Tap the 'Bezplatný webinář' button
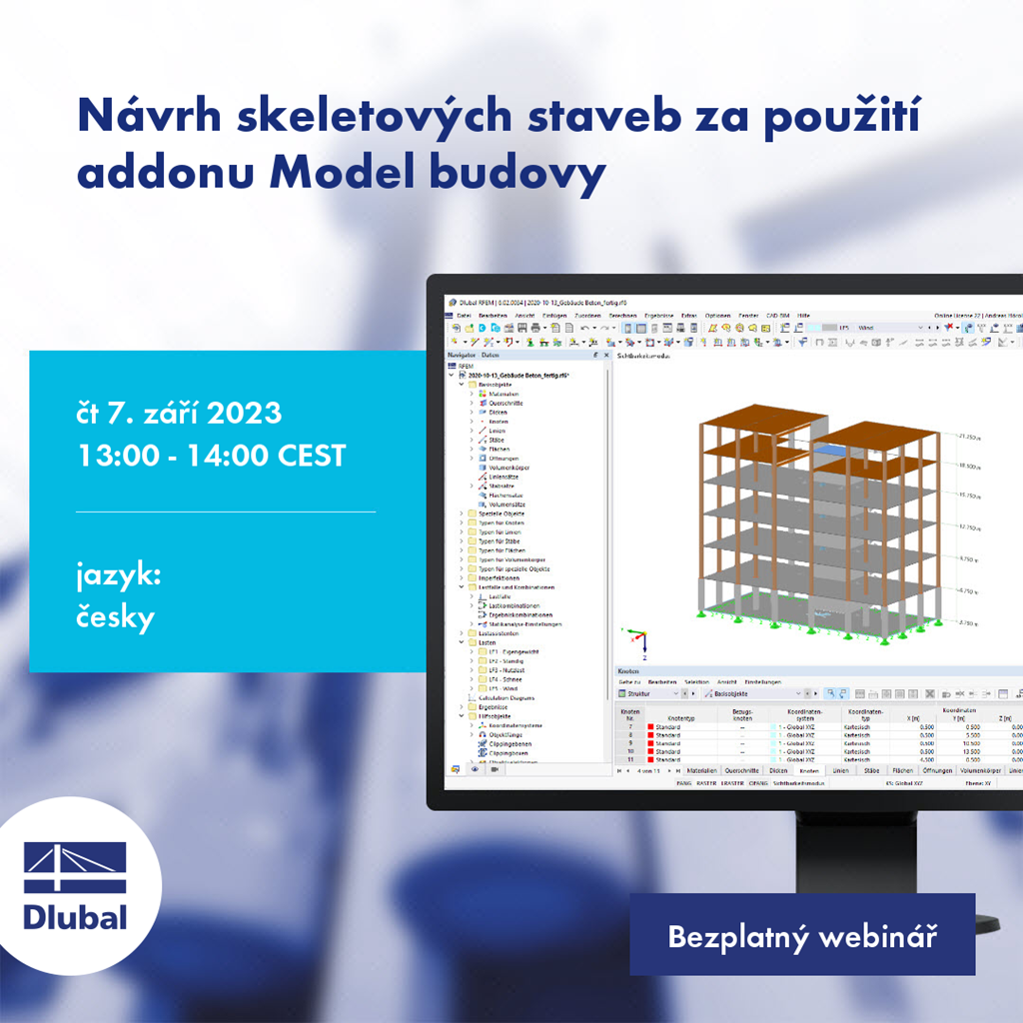801,938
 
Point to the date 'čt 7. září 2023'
179,412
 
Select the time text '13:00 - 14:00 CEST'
211,456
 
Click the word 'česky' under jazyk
116,617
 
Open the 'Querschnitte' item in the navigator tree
506,403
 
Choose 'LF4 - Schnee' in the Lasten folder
507,679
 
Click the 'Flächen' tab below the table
902,771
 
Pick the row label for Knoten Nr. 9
630,744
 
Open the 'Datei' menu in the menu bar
464,315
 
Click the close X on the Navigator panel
604,355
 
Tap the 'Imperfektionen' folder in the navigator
499,578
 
